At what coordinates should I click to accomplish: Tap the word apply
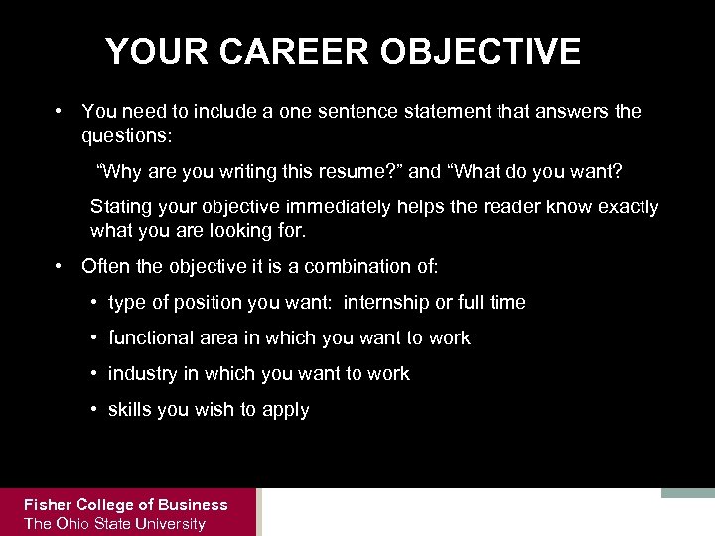pyautogui.click(x=287, y=410)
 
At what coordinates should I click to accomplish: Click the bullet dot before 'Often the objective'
pyautogui.click(x=61, y=266)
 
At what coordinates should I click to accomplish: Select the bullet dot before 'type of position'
pyautogui.click(x=91, y=302)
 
